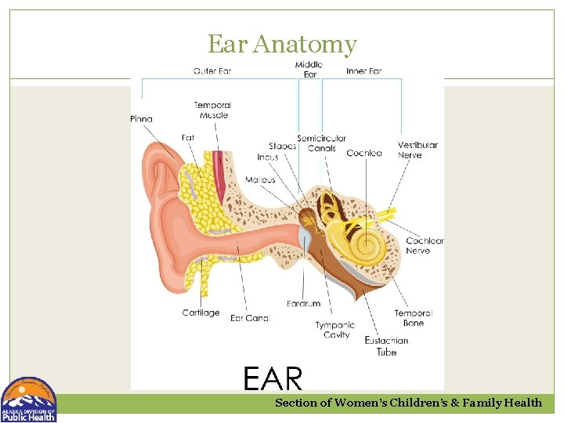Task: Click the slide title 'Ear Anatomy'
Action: point(282,44)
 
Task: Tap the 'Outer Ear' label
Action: point(213,71)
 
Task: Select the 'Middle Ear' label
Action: point(310,69)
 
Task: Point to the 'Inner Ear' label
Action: point(363,71)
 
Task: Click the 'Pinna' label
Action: point(142,119)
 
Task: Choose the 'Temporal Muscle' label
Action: point(213,110)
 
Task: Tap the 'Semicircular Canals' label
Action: point(321,143)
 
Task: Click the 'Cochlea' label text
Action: point(364,153)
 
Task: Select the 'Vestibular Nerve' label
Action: point(418,150)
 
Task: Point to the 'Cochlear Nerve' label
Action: point(425,245)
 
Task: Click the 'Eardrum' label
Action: point(303,303)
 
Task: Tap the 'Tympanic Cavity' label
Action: point(335,330)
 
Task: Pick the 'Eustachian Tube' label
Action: point(386,346)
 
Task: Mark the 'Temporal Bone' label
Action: point(413,318)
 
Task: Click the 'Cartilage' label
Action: point(201,313)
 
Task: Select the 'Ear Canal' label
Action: point(250,318)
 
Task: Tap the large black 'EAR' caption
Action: point(273,379)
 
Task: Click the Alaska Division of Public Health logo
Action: point(29,399)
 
